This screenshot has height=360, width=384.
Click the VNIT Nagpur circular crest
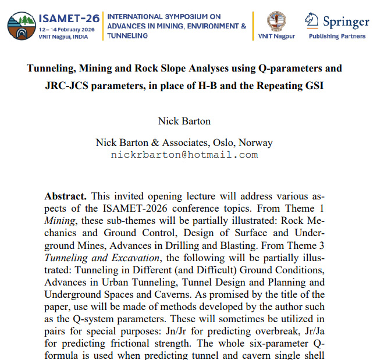pos(276,21)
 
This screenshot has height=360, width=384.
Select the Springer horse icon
pos(311,21)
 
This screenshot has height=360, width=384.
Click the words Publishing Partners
pos(337,36)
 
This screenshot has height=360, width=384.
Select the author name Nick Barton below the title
pos(184,121)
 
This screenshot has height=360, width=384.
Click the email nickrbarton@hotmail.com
pos(184,155)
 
